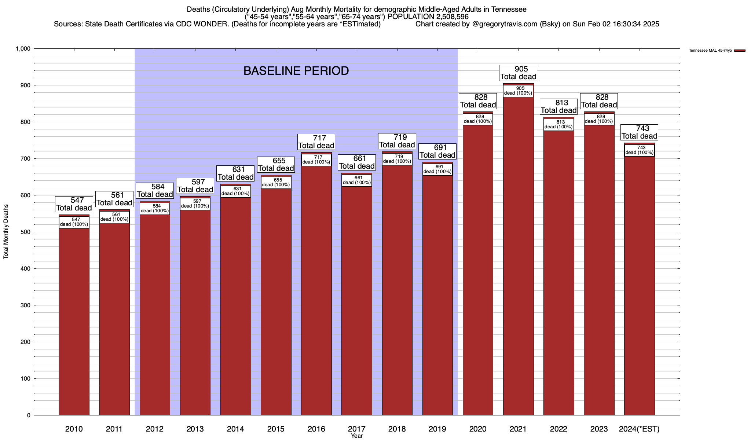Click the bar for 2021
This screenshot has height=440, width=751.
(x=518, y=257)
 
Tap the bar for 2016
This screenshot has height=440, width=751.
(x=316, y=293)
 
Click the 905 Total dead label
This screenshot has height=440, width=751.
(x=518, y=73)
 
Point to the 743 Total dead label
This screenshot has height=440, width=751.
(x=639, y=132)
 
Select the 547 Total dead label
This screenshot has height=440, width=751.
(x=74, y=204)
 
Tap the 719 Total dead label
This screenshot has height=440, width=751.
(x=397, y=141)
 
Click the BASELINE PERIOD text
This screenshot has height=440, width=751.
(x=296, y=71)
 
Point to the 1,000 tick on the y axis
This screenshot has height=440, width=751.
(x=23, y=49)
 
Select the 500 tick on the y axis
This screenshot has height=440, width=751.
(x=26, y=232)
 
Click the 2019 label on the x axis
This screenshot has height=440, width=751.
(x=437, y=429)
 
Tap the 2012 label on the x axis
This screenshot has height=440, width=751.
(x=155, y=429)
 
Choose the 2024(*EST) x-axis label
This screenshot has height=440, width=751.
(x=639, y=429)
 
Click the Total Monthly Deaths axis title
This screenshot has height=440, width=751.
(x=6, y=232)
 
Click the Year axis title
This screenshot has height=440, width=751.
(x=356, y=436)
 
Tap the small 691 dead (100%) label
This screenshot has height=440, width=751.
(x=437, y=169)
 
